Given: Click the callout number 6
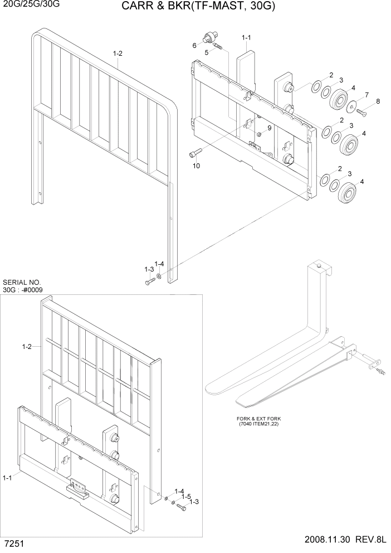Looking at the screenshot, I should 194,45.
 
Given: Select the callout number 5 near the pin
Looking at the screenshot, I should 207,52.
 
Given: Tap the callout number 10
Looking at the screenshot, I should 196,166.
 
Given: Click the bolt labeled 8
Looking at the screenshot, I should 360,113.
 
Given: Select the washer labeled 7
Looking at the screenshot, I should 353,106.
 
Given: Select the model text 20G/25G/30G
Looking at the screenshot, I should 30,4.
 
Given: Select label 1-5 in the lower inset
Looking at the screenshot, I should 187,497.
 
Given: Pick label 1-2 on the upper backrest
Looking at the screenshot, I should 118,54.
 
